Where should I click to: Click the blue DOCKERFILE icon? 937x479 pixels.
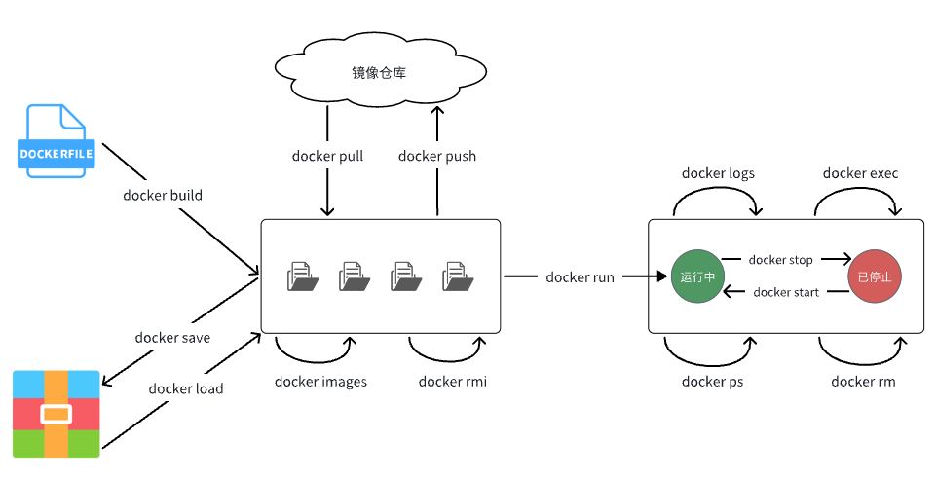pos(57,140)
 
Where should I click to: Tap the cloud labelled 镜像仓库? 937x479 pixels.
pos(379,70)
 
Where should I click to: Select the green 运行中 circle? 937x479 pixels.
pos(698,276)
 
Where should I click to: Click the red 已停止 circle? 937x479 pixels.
pos(875,276)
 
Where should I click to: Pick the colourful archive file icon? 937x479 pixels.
pos(56,414)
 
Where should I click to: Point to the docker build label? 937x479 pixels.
pos(163,195)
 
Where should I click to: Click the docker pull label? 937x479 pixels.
pos(327,156)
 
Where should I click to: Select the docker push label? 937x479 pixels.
pos(437,156)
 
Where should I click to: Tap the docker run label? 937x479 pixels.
pos(580,277)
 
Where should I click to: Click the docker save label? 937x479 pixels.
pos(172,338)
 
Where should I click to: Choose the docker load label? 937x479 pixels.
pos(186,388)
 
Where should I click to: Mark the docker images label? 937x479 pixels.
pos(320,382)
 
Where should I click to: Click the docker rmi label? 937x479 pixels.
pos(453,382)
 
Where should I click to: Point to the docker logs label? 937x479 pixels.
pos(718,173)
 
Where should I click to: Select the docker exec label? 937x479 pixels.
pos(860,173)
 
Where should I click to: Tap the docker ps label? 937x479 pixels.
pos(712,382)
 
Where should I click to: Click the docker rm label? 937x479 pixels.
pos(863,382)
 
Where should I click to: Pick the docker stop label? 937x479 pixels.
pos(780,260)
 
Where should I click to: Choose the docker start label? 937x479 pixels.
pos(786,292)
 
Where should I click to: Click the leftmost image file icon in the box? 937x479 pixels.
pos(302,276)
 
